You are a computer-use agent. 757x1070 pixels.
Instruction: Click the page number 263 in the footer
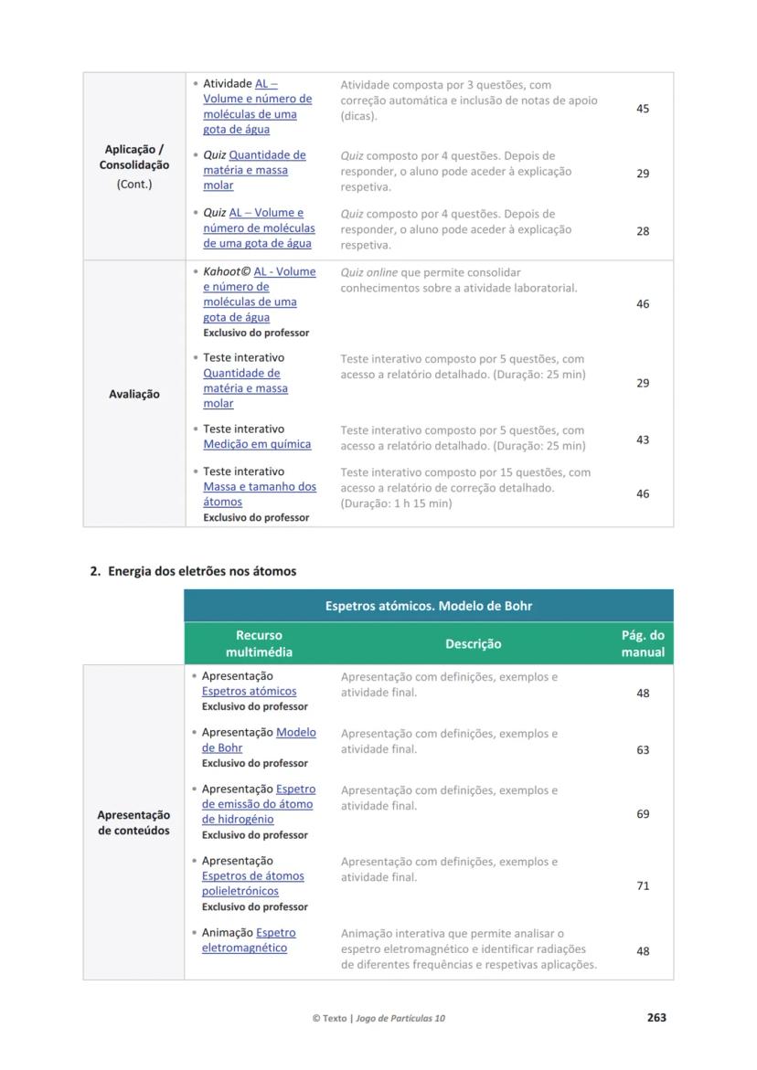coord(656,1017)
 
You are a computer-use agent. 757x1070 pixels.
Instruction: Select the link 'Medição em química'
coord(257,444)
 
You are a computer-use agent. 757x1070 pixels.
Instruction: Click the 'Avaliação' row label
coord(134,394)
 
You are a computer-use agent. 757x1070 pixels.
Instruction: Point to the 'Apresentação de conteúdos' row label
coord(133,822)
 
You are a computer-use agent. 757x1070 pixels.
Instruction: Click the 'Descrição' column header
coord(473,643)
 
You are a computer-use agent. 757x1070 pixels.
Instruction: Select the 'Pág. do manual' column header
coord(643,643)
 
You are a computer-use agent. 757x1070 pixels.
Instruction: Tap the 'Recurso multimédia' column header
coord(259,643)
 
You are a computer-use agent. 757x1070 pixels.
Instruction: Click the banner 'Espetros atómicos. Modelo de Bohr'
coord(429,606)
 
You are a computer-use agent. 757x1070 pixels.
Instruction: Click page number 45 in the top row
coord(643,109)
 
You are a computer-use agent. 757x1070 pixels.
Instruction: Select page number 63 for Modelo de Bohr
coord(643,749)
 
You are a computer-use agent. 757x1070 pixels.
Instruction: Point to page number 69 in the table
coord(643,813)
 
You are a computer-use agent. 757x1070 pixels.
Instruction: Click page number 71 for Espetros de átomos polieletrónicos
coord(643,885)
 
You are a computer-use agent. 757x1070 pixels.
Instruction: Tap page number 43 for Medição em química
coord(643,440)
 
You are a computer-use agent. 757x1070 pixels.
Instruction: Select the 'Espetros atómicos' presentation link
coord(249,691)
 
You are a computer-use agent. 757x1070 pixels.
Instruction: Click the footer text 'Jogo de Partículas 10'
coord(400,1018)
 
